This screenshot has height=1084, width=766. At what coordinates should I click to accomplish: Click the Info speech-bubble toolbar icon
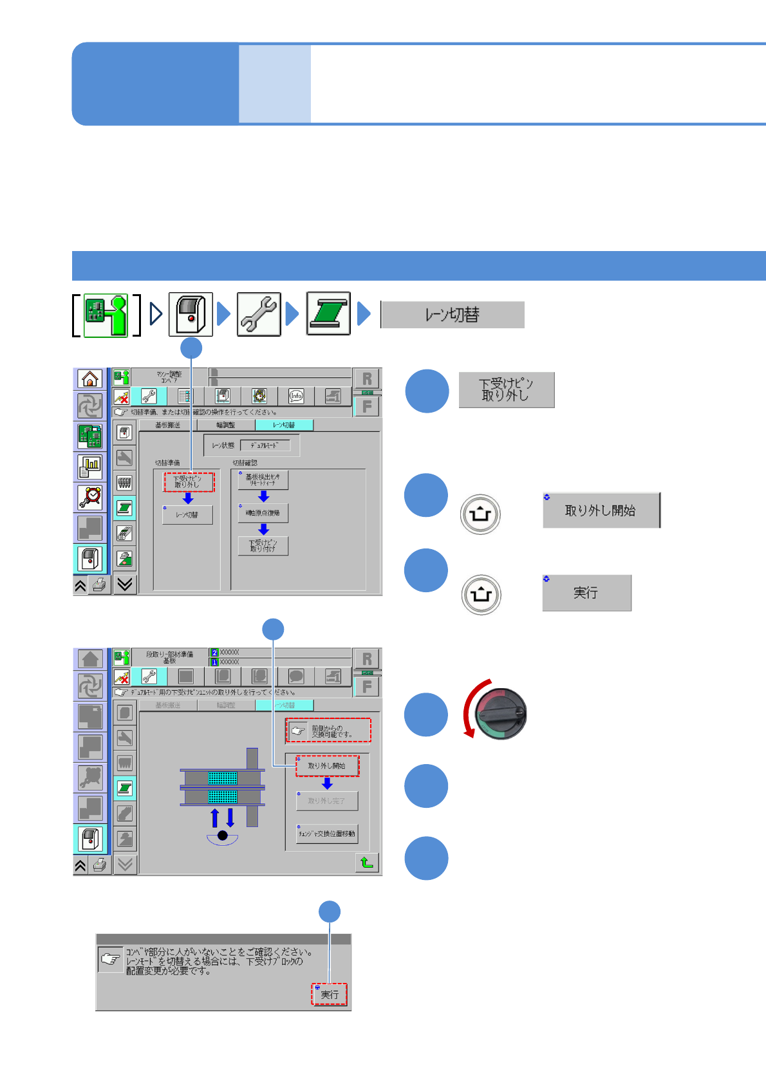295,396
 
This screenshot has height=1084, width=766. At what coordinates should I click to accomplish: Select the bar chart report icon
90,466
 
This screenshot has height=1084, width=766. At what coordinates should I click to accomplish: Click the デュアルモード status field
265,445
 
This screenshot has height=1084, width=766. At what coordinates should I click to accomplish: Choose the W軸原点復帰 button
263,513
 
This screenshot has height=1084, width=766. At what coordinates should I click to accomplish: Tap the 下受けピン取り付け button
263,546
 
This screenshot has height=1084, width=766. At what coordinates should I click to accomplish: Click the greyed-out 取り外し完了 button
326,801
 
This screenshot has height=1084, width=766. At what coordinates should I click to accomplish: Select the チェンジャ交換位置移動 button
326,834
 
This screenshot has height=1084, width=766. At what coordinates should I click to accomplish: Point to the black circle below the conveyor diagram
223,836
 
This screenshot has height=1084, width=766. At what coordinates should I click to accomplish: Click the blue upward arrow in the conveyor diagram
215,818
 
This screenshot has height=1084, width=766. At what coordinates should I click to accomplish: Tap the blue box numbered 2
214,653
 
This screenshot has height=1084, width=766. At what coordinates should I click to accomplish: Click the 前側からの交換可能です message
328,731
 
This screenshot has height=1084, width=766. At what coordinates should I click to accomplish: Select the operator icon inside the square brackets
106,315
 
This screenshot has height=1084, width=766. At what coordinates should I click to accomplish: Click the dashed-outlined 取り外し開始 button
327,766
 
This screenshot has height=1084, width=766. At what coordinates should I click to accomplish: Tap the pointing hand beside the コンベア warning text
110,959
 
